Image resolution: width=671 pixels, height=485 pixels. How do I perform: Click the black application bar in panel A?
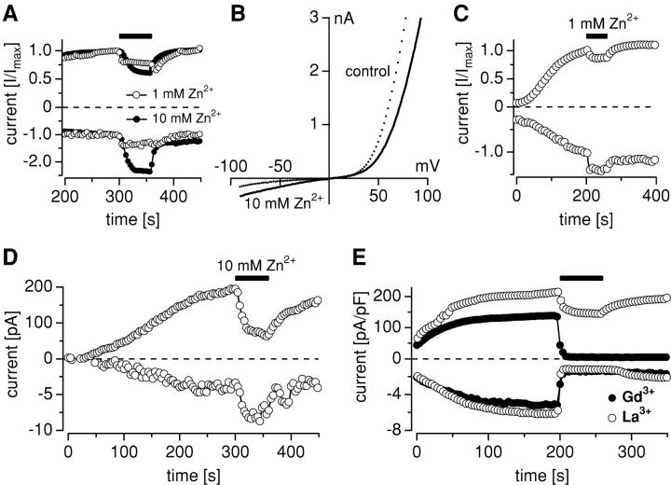point(135,36)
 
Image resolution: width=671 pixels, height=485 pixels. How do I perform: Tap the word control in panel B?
point(365,71)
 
